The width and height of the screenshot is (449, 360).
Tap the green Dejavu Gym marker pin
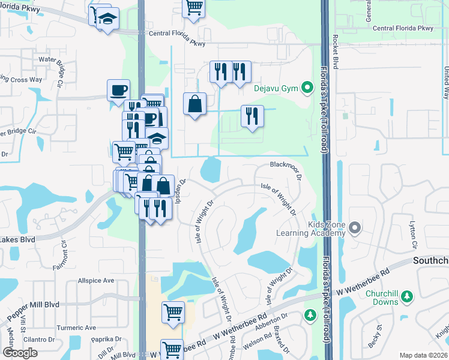click(308, 88)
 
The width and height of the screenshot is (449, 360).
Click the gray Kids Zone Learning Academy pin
click(355, 228)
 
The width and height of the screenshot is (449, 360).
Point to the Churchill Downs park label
click(376, 298)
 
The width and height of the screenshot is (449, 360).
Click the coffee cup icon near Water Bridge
click(118, 91)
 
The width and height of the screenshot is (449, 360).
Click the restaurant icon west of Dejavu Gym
click(252, 116)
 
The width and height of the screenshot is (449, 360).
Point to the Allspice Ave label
click(95, 280)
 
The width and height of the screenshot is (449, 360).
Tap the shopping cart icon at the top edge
click(194, 7)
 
